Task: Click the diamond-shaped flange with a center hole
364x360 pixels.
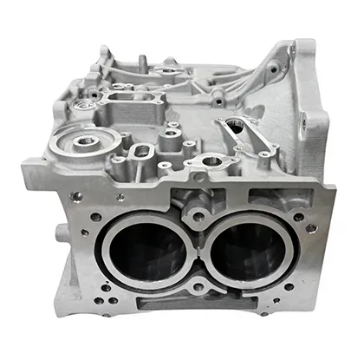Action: pos(211,161)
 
